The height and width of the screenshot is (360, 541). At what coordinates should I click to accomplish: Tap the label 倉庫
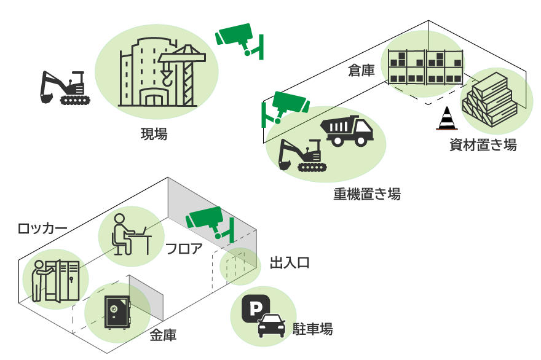[361, 71]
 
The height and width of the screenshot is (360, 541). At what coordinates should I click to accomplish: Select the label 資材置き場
[483, 145]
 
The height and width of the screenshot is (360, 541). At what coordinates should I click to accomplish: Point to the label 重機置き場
[366, 194]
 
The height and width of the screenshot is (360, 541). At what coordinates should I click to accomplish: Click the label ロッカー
[42, 229]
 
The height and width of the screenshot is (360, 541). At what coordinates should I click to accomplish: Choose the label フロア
[183, 249]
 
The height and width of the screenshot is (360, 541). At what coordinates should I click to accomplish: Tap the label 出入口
[290, 263]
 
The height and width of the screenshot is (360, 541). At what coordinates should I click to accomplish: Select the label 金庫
[163, 335]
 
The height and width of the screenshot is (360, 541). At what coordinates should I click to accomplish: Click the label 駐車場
[313, 329]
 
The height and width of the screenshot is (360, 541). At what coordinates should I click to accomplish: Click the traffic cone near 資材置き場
[447, 118]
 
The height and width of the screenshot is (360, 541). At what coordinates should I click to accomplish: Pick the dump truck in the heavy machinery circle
[347, 130]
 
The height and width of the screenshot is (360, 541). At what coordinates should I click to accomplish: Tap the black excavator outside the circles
[65, 88]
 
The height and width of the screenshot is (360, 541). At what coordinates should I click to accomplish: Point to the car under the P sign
[271, 326]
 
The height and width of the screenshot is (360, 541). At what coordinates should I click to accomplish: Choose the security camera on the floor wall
[209, 221]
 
